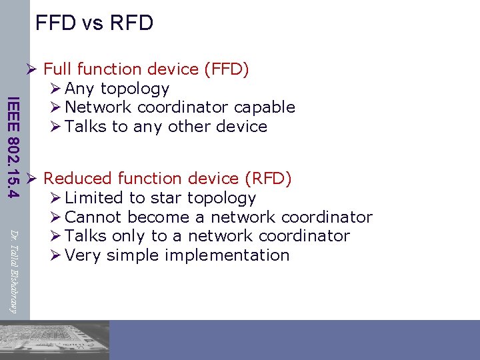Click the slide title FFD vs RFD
[x=94, y=23]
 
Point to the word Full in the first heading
[x=58, y=69]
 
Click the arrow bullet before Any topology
[x=55, y=89]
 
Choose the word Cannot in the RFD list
[x=93, y=217]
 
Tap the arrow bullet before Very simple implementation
[x=55, y=255]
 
